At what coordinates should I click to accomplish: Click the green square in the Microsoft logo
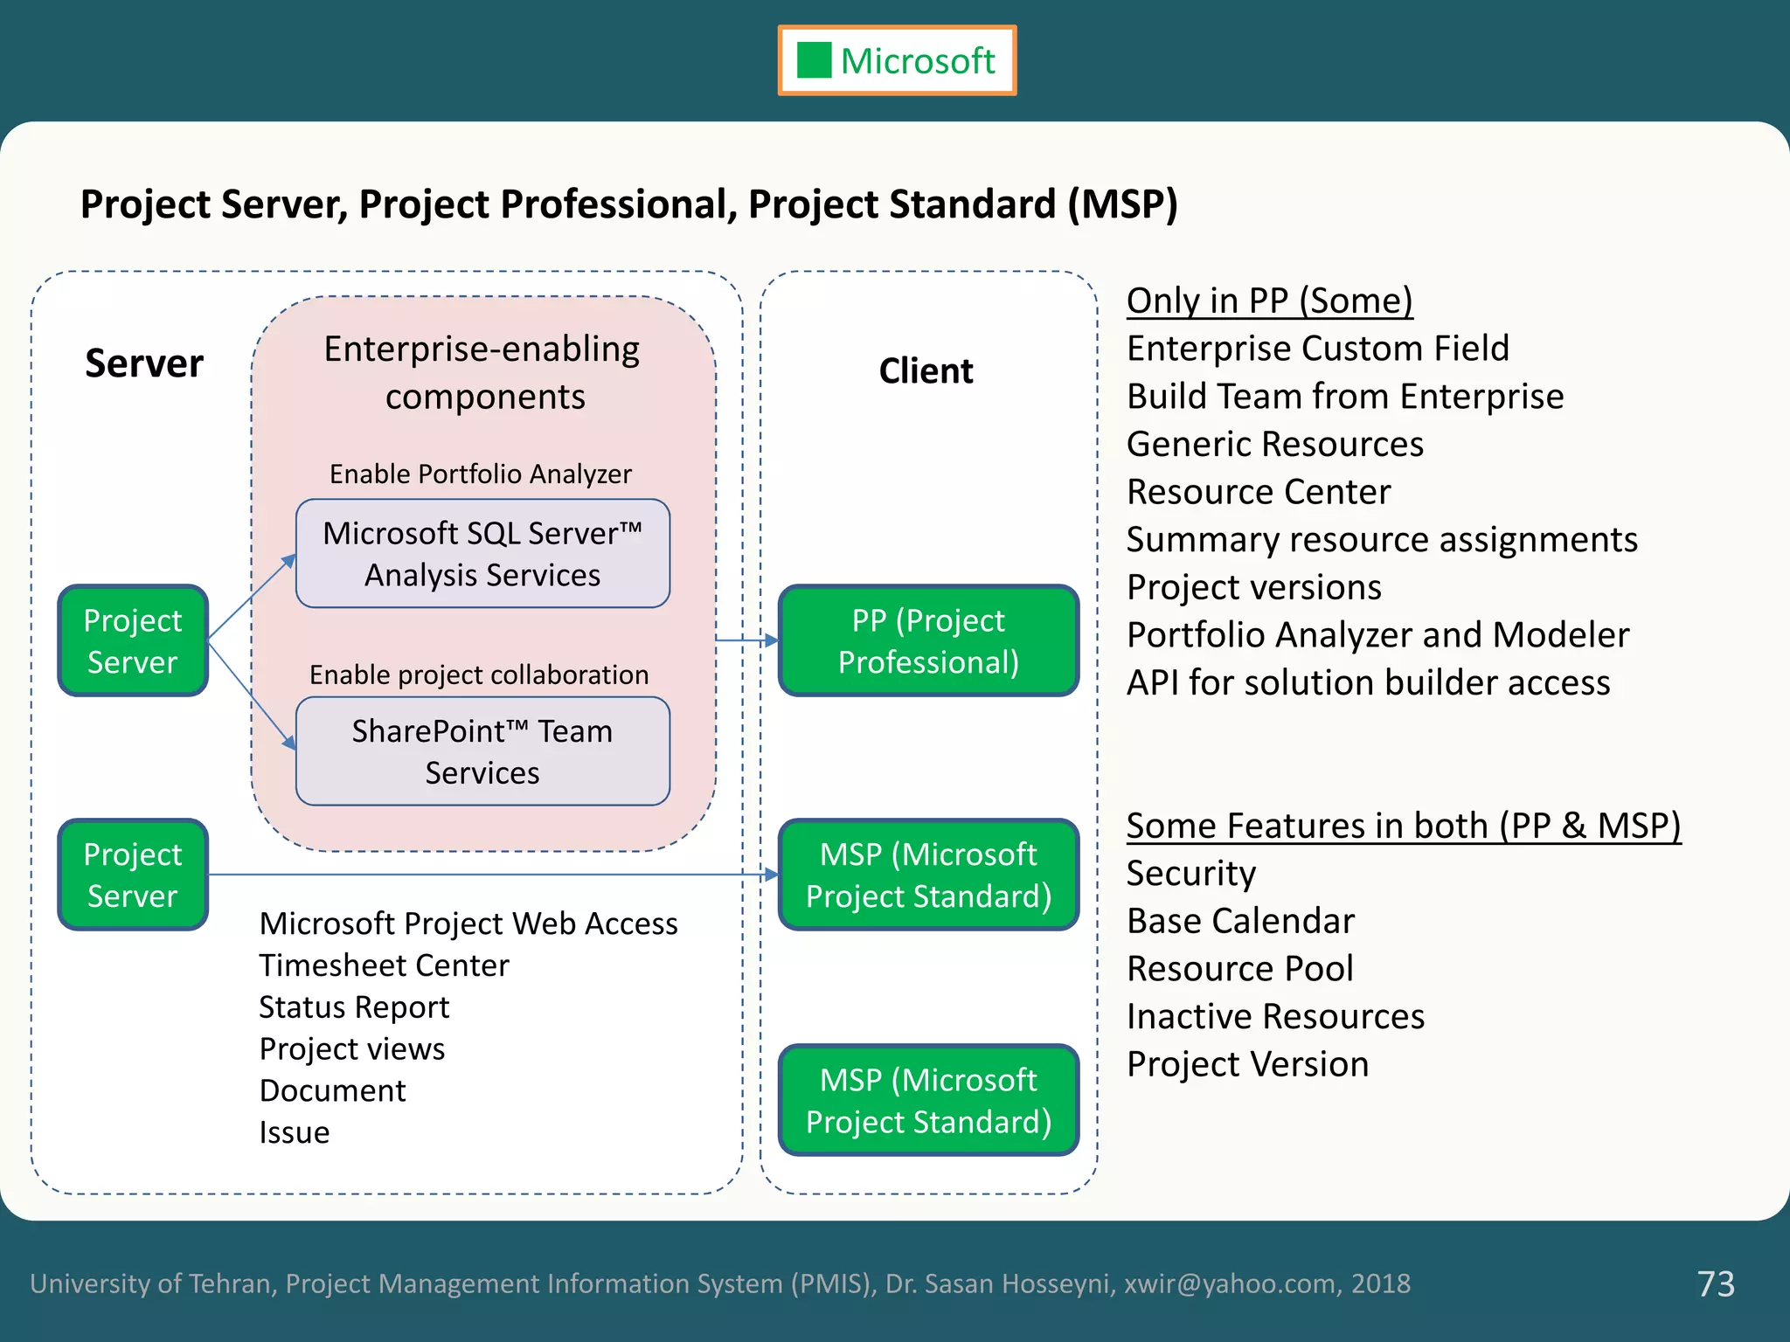[x=814, y=60]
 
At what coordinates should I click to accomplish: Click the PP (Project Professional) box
[x=928, y=640]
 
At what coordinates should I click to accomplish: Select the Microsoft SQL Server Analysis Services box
[x=482, y=554]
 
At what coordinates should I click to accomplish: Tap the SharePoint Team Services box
[x=482, y=751]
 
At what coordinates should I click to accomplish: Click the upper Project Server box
[x=133, y=640]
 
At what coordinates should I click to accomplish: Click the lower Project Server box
[x=133, y=875]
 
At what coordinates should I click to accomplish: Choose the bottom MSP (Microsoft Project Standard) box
[x=928, y=1100]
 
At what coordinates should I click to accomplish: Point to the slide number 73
[x=1715, y=1283]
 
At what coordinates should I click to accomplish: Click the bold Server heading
[x=144, y=363]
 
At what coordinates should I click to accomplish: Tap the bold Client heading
[x=926, y=370]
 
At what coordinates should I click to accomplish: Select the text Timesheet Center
[x=384, y=965]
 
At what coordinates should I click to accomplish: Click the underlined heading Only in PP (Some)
[x=1269, y=301]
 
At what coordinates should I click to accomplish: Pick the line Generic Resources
[x=1274, y=444]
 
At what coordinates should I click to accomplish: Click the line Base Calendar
[x=1240, y=921]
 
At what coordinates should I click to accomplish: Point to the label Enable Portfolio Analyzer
[x=480, y=474]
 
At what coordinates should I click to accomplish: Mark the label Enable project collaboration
[x=479, y=674]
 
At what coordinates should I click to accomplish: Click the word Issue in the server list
[x=295, y=1132]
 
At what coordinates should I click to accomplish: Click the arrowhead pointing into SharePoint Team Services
[x=289, y=744]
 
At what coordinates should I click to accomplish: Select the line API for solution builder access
[x=1368, y=682]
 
